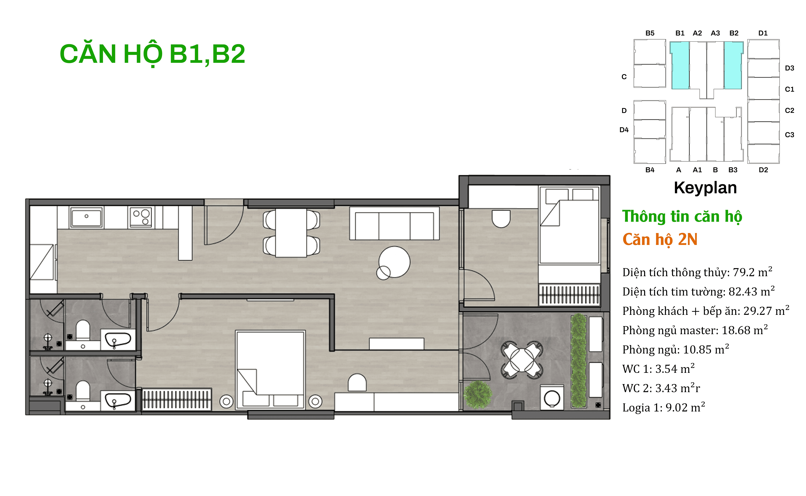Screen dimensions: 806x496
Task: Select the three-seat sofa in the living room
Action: [394, 223]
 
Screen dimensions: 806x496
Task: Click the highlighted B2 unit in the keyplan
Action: [733, 65]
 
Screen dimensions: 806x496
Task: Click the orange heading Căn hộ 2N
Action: [660, 239]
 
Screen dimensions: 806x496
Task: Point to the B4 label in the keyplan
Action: [650, 170]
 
